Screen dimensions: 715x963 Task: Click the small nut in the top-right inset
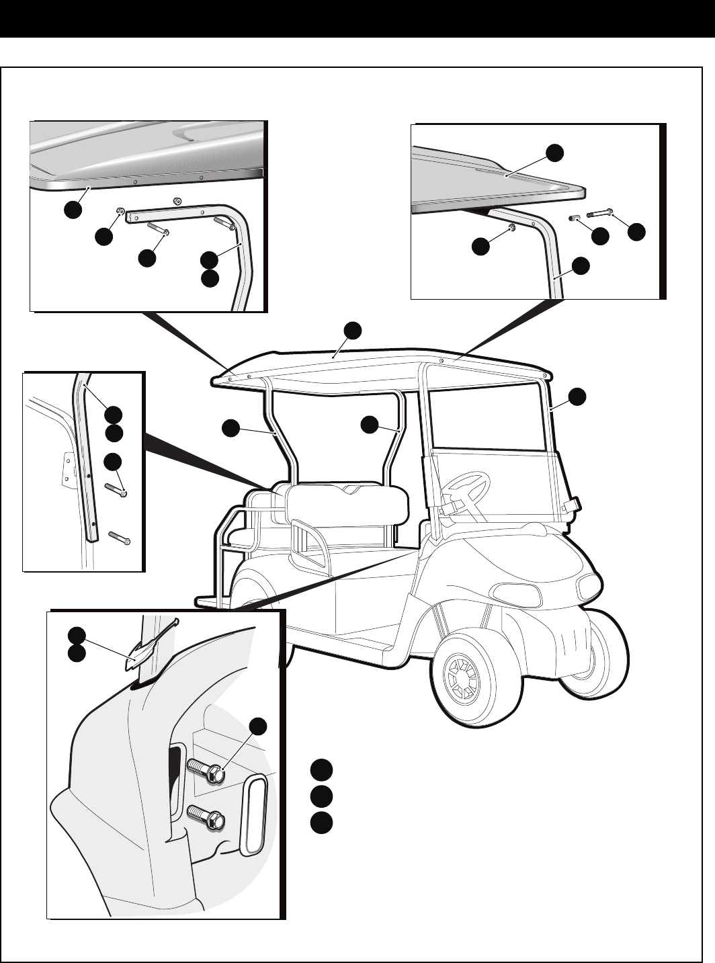tap(512, 227)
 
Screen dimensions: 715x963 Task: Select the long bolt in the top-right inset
tap(601, 215)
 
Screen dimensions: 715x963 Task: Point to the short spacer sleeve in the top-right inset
tap(574, 217)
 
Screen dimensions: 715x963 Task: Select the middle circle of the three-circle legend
tap(321, 796)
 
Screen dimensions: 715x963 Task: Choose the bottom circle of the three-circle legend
tap(321, 823)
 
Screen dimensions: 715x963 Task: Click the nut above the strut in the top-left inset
tap(177, 200)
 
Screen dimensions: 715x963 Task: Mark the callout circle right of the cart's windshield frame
tap(577, 396)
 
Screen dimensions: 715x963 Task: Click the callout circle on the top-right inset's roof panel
tap(554, 153)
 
